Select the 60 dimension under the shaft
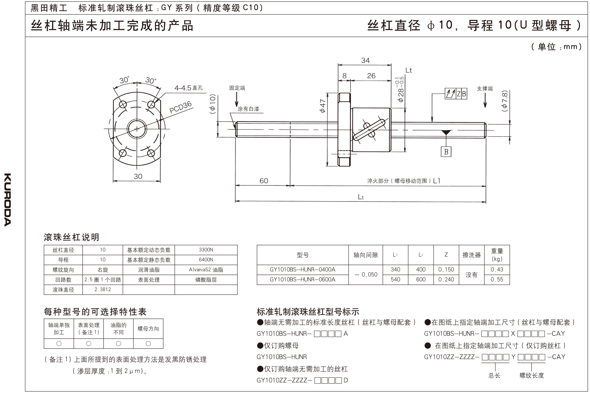click(x=264, y=181)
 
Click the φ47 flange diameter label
click(x=322, y=106)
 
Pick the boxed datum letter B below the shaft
click(x=446, y=152)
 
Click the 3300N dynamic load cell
click(x=206, y=250)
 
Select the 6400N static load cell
click(x=206, y=260)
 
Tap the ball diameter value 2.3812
click(x=102, y=290)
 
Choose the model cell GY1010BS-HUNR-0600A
click(x=302, y=279)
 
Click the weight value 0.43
click(x=497, y=269)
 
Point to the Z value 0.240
click(x=446, y=279)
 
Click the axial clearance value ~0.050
click(x=366, y=274)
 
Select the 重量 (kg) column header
click(x=497, y=255)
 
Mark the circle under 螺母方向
click(x=148, y=344)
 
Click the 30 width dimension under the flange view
click(x=138, y=176)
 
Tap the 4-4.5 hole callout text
click(x=188, y=88)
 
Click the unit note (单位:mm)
click(x=556, y=47)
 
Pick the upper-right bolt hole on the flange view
click(x=151, y=104)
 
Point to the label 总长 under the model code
click(x=494, y=375)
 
